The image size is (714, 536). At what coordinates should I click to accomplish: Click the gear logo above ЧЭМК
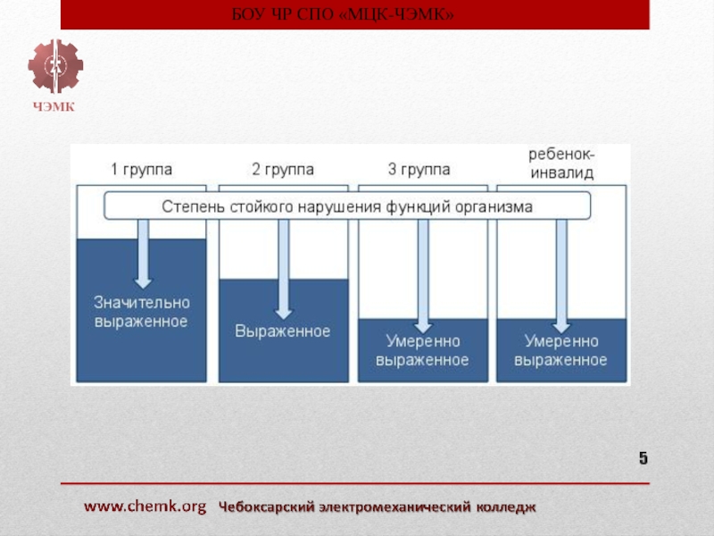coord(54,67)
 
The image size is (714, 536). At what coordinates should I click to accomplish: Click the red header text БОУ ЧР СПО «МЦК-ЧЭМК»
coord(355,14)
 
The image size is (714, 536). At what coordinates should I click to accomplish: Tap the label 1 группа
coord(141,169)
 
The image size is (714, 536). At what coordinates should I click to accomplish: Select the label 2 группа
coord(282,169)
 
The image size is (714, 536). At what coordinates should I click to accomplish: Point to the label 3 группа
coord(419,169)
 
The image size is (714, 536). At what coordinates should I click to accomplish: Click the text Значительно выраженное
coord(141,313)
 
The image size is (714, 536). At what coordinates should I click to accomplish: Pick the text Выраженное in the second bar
coord(282,331)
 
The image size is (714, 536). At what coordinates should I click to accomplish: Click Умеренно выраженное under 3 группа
coord(422,350)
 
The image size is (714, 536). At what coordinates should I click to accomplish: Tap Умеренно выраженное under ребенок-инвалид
coord(561,350)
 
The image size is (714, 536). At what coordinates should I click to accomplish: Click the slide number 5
coord(643,459)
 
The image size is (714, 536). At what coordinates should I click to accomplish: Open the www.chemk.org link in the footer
coord(145,507)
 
